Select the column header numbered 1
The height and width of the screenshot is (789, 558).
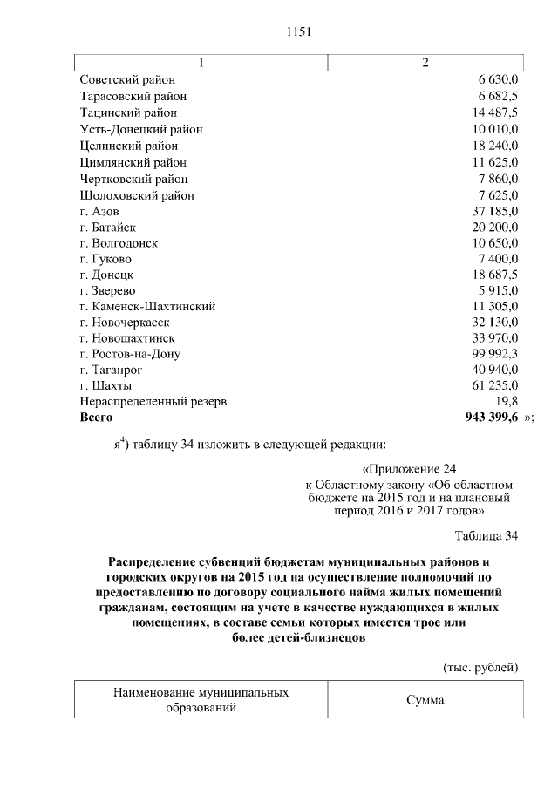click(201, 63)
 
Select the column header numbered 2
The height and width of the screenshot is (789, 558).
click(425, 63)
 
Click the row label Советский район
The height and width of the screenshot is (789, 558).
click(127, 79)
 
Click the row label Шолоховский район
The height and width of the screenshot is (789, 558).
click(137, 195)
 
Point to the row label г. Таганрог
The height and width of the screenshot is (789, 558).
click(111, 370)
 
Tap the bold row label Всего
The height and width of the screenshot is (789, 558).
click(97, 418)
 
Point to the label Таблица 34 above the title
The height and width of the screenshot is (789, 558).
click(487, 535)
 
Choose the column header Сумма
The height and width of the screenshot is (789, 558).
click(425, 700)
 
